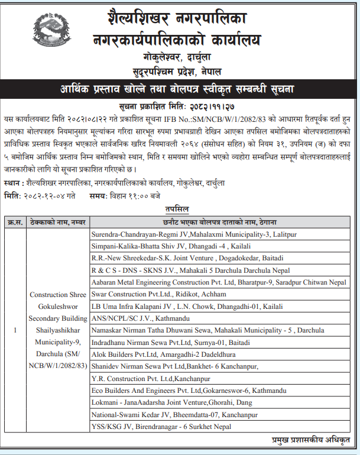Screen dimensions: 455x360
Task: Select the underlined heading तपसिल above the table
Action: point(178,209)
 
